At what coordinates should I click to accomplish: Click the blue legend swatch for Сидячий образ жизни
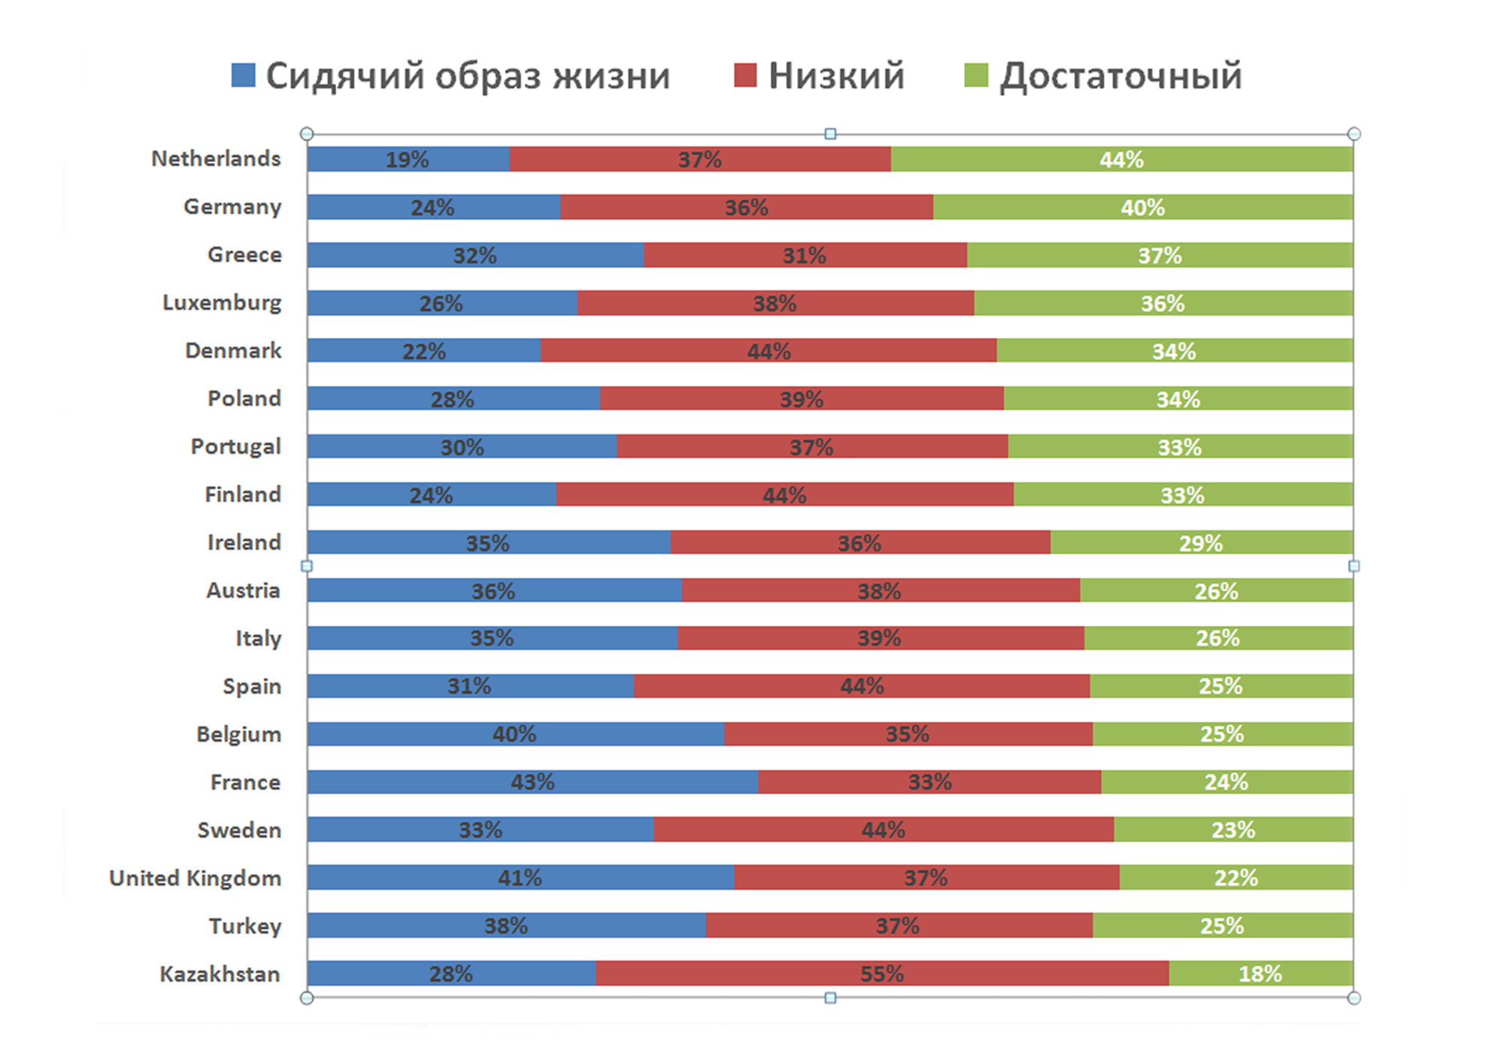pyautogui.click(x=243, y=75)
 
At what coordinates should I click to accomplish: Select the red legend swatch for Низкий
pyautogui.click(x=744, y=75)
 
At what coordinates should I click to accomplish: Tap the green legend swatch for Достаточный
pyautogui.click(x=975, y=75)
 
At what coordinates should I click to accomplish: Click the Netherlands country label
pyautogui.click(x=216, y=159)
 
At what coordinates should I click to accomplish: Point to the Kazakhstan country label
pyautogui.click(x=220, y=974)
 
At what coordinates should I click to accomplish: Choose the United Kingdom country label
pyautogui.click(x=196, y=878)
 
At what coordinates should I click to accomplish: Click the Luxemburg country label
pyautogui.click(x=222, y=303)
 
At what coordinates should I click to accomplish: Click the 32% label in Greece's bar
pyautogui.click(x=475, y=255)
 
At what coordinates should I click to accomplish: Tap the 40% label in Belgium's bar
pyautogui.click(x=514, y=734)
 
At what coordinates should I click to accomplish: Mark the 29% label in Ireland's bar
pyautogui.click(x=1200, y=543)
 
